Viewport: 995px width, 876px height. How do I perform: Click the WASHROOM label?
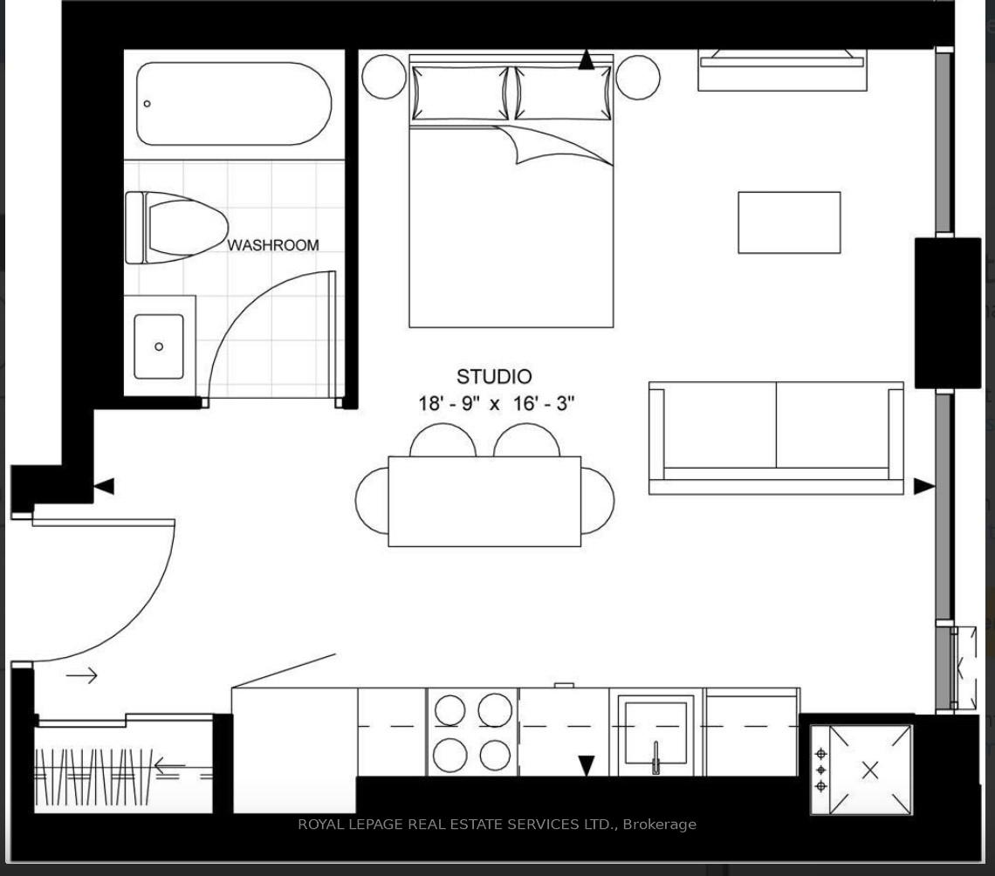click(273, 245)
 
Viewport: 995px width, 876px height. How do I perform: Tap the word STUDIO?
click(494, 377)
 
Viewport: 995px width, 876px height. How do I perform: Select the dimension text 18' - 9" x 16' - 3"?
click(496, 404)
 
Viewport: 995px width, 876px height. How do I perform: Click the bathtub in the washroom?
click(234, 103)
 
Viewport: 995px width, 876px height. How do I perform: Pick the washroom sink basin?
click(159, 346)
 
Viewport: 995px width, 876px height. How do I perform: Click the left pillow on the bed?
click(459, 92)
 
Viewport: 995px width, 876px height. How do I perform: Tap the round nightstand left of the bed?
click(384, 77)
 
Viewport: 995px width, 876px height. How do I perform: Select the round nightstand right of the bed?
click(637, 77)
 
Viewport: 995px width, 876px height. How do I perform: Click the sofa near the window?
click(776, 436)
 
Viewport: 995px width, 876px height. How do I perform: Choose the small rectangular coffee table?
click(789, 222)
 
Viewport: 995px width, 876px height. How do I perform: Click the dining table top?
click(484, 501)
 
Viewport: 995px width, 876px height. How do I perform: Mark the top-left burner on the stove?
click(449, 710)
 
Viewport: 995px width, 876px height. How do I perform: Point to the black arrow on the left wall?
click(104, 487)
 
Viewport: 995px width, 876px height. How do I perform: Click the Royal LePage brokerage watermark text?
click(497, 824)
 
